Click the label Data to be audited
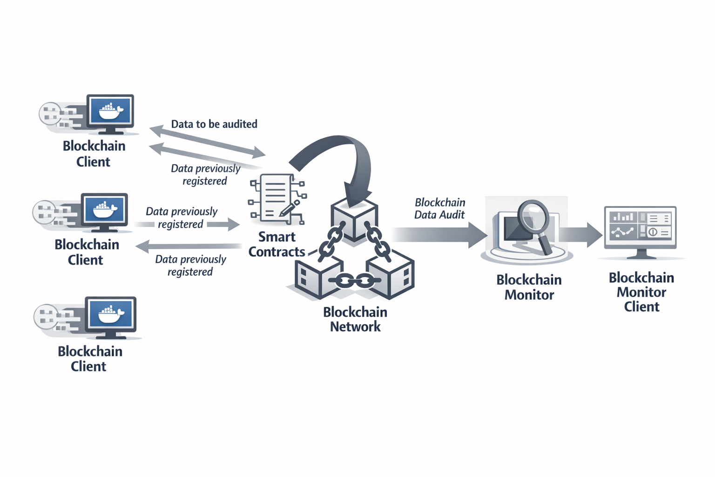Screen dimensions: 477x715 [x=214, y=124]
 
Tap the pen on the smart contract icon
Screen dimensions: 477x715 [x=290, y=209]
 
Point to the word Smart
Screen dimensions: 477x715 [x=277, y=237]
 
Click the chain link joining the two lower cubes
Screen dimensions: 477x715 [x=355, y=280]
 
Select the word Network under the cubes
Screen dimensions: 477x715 [x=355, y=327]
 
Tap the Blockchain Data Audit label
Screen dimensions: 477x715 [x=440, y=208]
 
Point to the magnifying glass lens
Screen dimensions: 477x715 [x=533, y=215]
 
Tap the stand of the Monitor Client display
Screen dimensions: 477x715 [x=641, y=254]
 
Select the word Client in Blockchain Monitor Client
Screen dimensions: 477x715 [x=641, y=307]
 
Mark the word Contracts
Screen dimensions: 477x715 [x=277, y=252]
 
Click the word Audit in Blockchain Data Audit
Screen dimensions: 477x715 [x=453, y=215]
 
